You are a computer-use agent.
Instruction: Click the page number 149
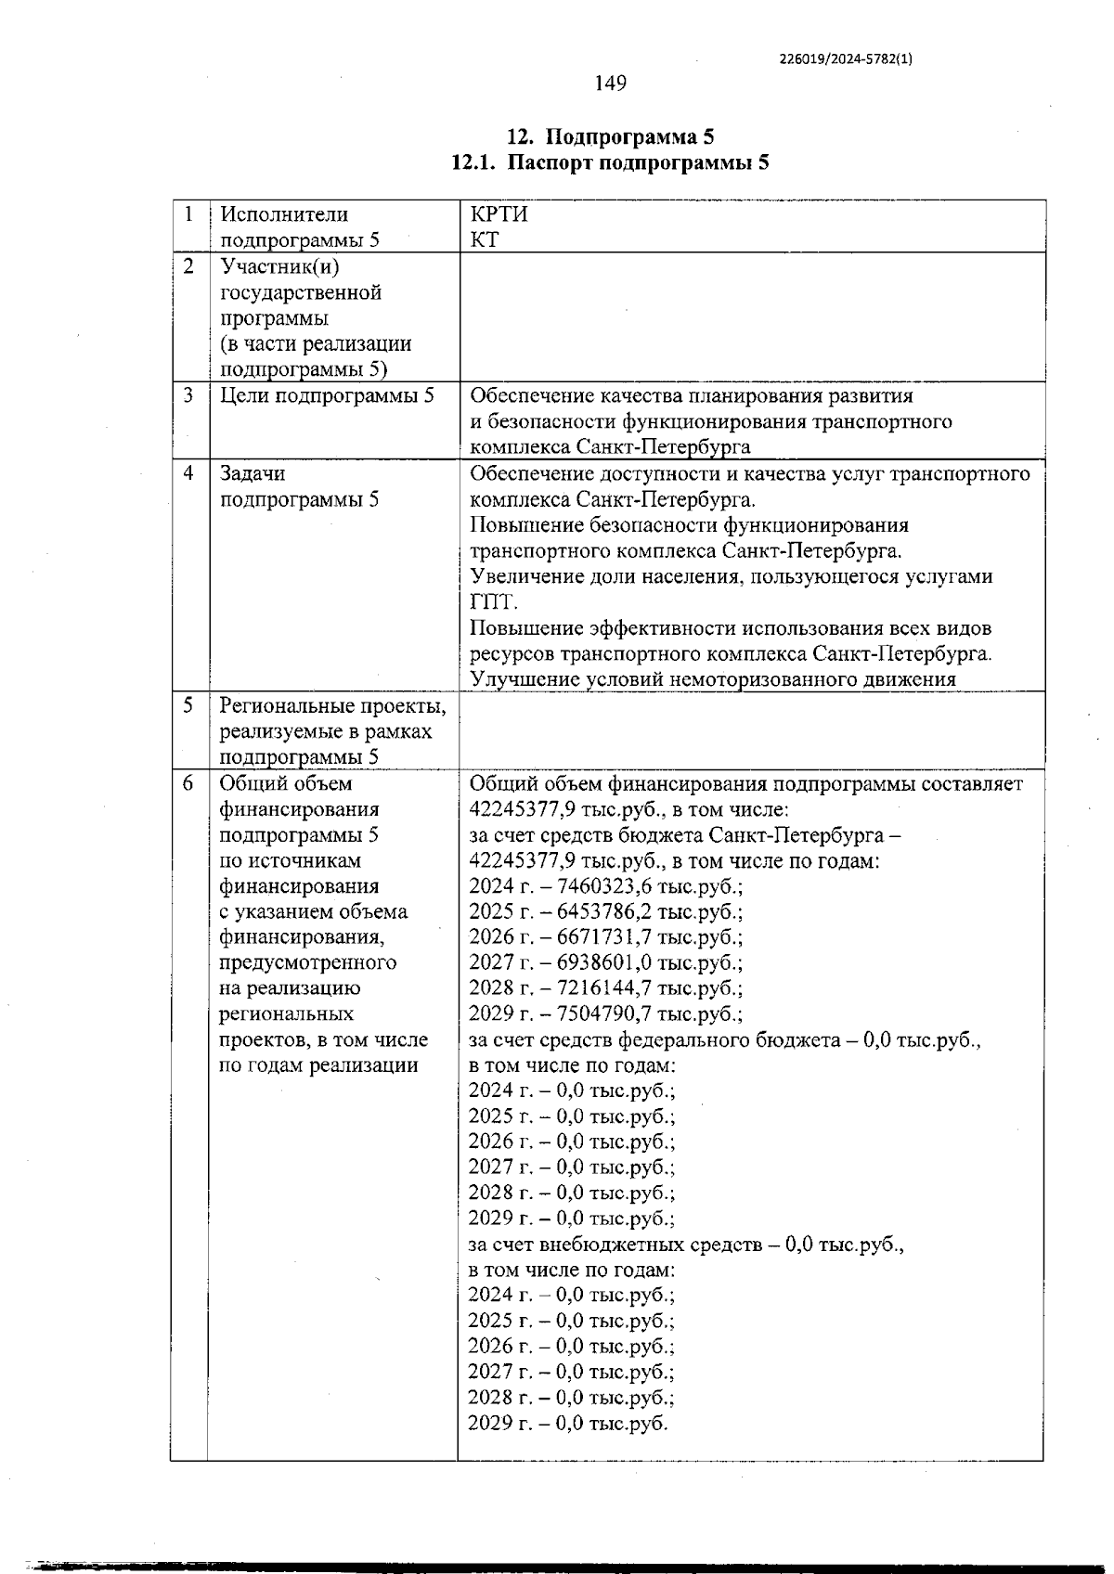pos(610,84)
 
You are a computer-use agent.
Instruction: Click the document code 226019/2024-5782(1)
pos(846,58)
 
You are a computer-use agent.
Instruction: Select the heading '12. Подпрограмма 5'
pos(610,137)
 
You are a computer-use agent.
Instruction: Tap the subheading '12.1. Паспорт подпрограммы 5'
pos(610,163)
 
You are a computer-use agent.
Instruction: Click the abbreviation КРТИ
pos(499,214)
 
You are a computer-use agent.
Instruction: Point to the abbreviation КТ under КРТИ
pos(485,239)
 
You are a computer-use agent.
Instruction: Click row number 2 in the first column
pos(188,266)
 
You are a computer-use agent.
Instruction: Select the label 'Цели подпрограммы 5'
pos(327,395)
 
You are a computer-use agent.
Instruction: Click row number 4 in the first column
pos(188,473)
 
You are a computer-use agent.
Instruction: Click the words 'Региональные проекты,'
pos(332,706)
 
